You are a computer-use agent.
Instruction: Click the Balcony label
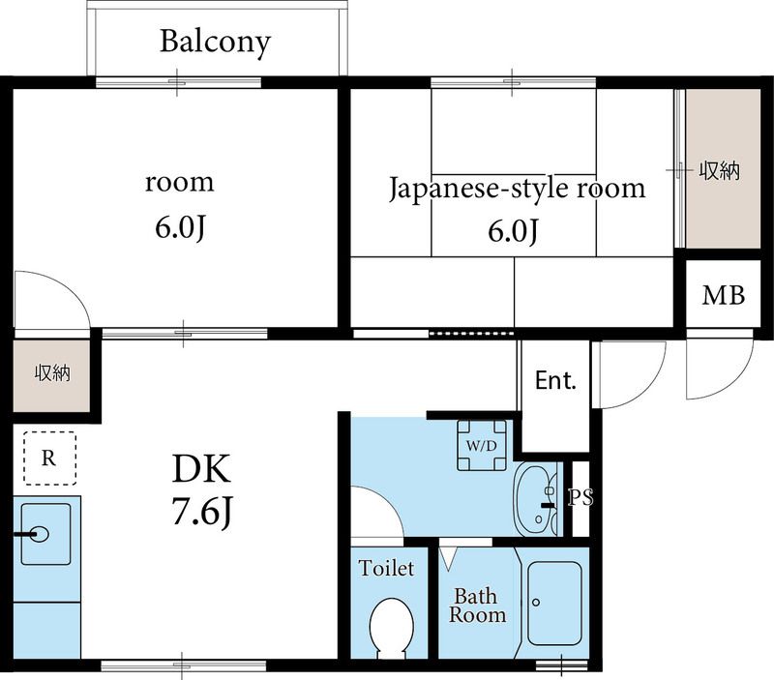tap(215, 43)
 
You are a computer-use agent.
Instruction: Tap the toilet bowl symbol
tap(392, 628)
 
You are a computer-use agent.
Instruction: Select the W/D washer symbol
tap(482, 445)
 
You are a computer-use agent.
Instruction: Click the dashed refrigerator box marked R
tap(50, 458)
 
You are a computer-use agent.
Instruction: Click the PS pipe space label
tap(580, 497)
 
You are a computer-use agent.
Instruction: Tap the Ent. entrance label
tap(555, 380)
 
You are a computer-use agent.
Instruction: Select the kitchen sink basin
tap(45, 534)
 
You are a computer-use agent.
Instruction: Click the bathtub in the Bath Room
tap(554, 603)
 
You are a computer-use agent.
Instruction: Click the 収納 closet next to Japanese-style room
tap(723, 168)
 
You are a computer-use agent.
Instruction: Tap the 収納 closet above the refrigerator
tap(51, 375)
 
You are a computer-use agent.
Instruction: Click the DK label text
tap(201, 469)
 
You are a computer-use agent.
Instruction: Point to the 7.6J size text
tap(202, 512)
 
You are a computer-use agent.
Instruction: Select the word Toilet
tap(386, 568)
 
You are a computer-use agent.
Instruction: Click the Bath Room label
tap(477, 606)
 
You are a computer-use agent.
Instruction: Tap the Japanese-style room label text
tap(517, 189)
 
